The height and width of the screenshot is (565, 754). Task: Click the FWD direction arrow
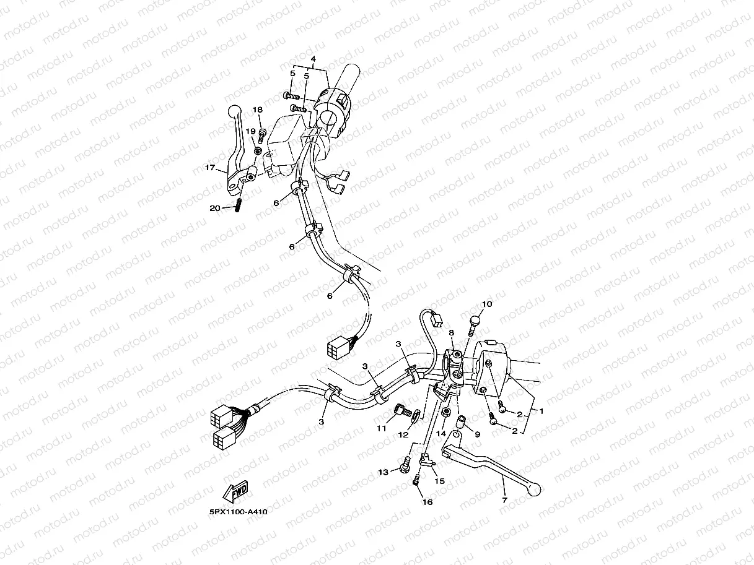(x=235, y=491)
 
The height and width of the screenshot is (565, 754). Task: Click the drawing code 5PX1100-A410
(x=239, y=512)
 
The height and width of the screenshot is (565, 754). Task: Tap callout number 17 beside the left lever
(x=210, y=168)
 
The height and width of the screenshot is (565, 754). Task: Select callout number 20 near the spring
(x=215, y=208)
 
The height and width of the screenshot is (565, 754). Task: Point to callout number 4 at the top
(x=313, y=59)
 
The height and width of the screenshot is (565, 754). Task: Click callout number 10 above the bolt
(x=487, y=304)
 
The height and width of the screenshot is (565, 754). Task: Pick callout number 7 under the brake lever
(x=504, y=500)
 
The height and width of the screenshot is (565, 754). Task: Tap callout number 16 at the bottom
(x=427, y=502)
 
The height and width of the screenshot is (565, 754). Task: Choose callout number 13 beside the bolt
(x=383, y=472)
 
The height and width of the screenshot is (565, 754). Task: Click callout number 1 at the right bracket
(x=541, y=411)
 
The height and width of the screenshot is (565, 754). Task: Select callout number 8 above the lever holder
(x=452, y=333)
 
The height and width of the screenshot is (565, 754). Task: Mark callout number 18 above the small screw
(x=257, y=110)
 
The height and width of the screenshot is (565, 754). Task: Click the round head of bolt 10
(x=475, y=321)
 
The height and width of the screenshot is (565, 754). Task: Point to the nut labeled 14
(x=447, y=411)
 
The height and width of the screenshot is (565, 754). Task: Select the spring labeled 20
(x=238, y=206)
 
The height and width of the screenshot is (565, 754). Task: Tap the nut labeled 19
(x=257, y=151)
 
